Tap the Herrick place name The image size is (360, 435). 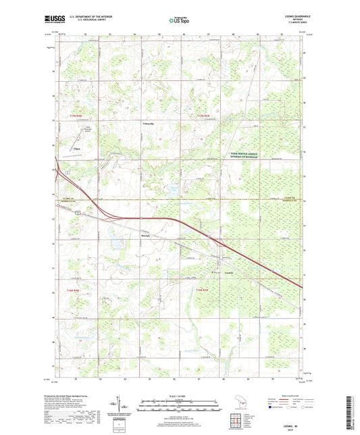pos(145,235)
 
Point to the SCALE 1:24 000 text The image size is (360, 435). pos(180,396)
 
